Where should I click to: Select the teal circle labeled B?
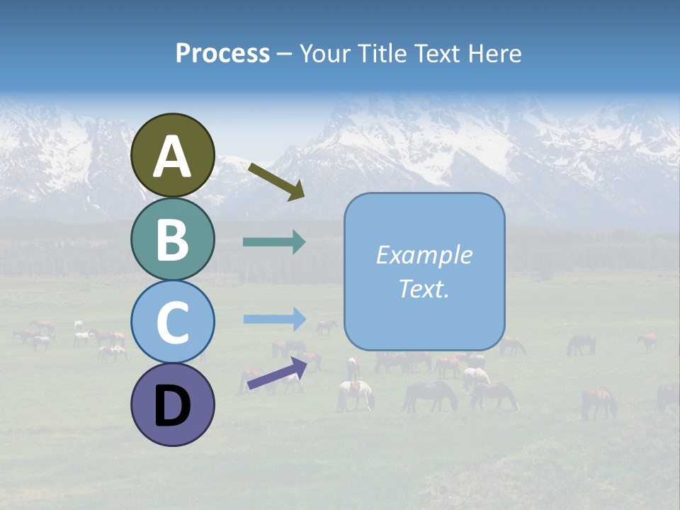173,239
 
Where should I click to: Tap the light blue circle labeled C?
173,322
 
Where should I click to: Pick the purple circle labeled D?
173,405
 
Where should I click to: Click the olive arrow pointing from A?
276,181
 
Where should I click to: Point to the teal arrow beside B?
274,242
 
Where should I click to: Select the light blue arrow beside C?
274,319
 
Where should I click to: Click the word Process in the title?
222,54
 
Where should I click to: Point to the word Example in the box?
424,255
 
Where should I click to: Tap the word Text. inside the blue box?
424,288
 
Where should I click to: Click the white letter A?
173,157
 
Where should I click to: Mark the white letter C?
173,323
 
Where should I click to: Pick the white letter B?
173,240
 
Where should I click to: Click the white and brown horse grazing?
356,394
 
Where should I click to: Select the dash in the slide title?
284,55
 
